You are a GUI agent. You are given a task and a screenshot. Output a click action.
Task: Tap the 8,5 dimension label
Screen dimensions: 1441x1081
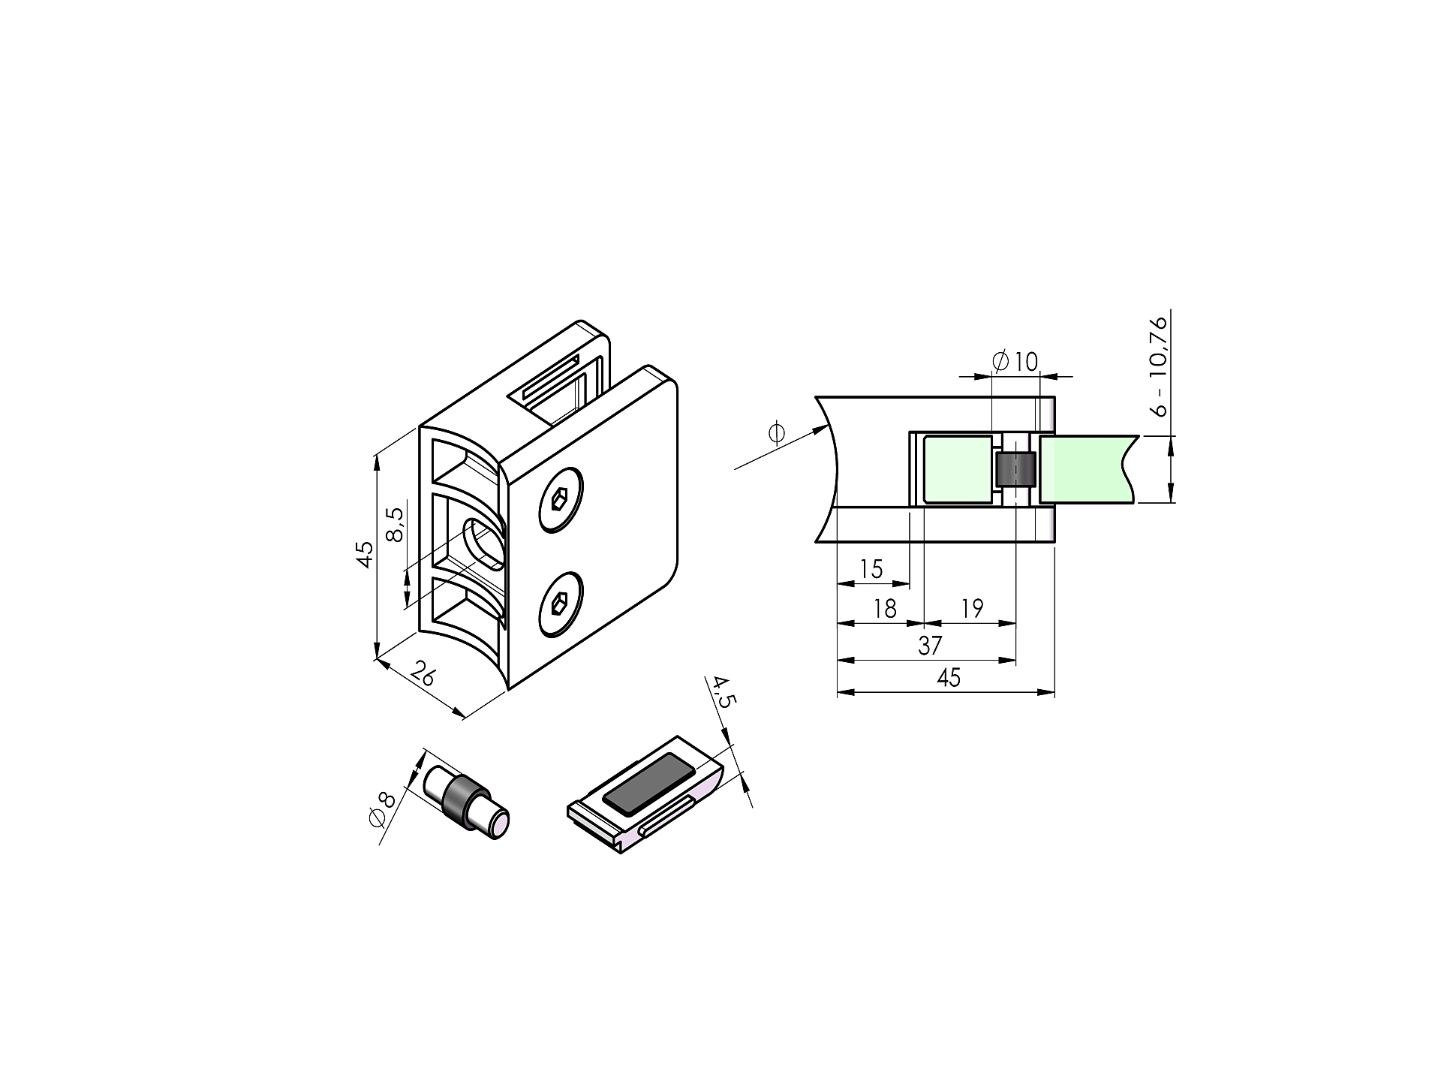click(395, 525)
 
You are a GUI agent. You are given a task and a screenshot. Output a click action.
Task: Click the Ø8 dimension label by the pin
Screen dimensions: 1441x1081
click(382, 809)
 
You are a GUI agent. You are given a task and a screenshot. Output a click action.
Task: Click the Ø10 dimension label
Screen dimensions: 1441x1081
click(1015, 362)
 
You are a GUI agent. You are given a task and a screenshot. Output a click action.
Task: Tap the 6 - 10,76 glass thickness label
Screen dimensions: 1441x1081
click(1160, 366)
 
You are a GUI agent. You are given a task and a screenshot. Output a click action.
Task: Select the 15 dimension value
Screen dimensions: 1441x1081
click(871, 569)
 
